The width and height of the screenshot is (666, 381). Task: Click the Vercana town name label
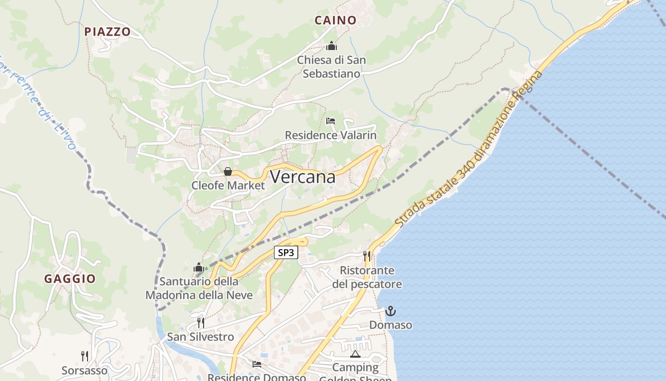(x=303, y=177)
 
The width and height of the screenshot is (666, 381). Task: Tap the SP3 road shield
(x=286, y=252)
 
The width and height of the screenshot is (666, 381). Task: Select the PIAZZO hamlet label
(x=108, y=32)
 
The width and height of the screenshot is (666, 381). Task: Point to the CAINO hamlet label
(x=335, y=20)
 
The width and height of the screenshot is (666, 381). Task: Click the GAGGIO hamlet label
(x=70, y=279)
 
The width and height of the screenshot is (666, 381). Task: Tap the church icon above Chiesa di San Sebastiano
(x=332, y=46)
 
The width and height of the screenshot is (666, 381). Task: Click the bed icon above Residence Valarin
(x=331, y=121)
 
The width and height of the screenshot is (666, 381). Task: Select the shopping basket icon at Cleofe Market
(x=228, y=171)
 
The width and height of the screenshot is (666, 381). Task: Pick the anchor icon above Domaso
(x=391, y=311)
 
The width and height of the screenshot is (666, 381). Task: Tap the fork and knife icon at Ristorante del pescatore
(x=367, y=256)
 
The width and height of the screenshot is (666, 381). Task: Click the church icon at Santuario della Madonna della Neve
(x=199, y=267)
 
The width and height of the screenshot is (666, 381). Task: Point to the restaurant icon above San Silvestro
(x=201, y=323)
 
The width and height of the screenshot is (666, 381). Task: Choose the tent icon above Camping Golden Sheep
(x=355, y=354)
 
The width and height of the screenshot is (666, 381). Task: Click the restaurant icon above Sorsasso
(x=85, y=356)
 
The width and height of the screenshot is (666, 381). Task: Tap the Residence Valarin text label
(x=331, y=135)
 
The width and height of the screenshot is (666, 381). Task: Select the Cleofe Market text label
(x=228, y=185)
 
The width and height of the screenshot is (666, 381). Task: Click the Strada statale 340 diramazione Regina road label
(x=469, y=150)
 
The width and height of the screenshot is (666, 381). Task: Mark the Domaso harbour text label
(x=391, y=325)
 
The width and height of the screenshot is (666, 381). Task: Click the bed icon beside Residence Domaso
(x=257, y=364)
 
